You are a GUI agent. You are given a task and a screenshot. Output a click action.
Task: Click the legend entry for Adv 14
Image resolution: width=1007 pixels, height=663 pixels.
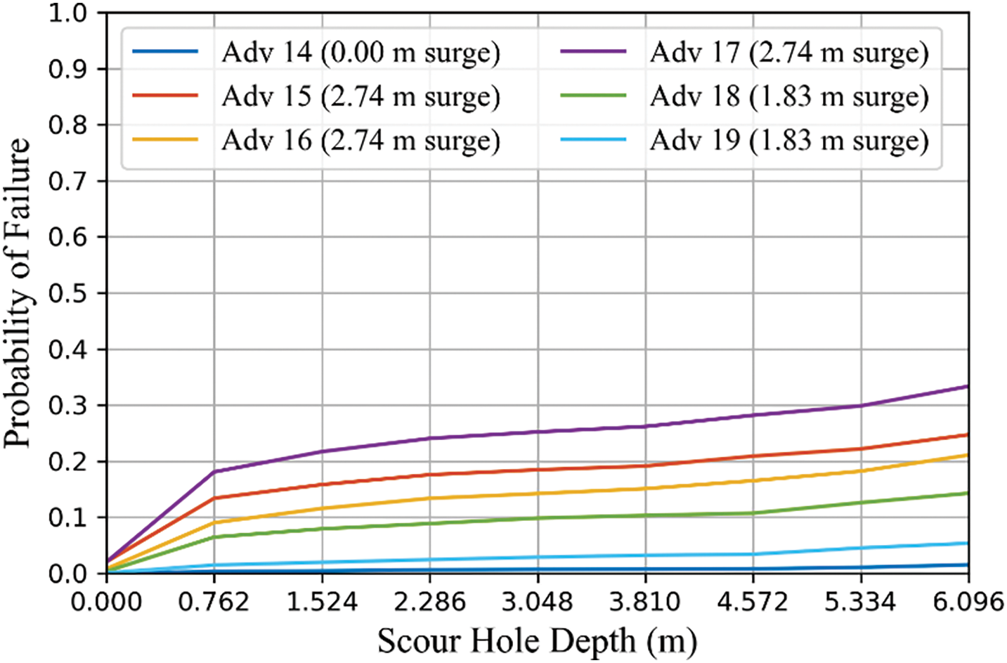pyautogui.click(x=360, y=53)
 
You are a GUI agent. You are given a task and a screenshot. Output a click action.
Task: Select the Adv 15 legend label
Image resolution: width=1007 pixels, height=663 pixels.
pyautogui.click(x=360, y=96)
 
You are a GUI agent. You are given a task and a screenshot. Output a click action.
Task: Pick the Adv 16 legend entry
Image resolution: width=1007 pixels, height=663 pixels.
pyautogui.click(x=360, y=141)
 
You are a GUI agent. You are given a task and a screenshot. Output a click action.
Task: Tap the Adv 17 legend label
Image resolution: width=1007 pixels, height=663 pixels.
pyautogui.click(x=789, y=53)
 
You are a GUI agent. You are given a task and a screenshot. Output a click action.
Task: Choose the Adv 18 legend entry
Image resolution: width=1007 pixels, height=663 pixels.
pyautogui.click(x=789, y=96)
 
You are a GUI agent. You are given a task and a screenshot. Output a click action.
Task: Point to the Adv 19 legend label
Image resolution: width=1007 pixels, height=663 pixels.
pyautogui.click(x=789, y=141)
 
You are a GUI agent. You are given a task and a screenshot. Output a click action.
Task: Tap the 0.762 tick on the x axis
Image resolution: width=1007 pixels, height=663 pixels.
pyautogui.click(x=214, y=603)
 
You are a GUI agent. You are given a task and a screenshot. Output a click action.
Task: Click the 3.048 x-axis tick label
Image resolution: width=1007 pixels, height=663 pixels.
pyautogui.click(x=538, y=603)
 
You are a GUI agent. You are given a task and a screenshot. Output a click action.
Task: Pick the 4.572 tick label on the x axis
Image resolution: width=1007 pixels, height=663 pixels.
pyautogui.click(x=753, y=603)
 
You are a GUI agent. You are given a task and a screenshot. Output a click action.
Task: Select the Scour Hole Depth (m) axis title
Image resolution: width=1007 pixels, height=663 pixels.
pyautogui.click(x=538, y=641)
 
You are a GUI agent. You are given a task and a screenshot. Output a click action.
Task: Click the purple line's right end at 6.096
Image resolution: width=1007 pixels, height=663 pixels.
pyautogui.click(x=968, y=386)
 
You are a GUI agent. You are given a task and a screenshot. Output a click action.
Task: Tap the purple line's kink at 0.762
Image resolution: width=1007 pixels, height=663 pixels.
pyautogui.click(x=214, y=472)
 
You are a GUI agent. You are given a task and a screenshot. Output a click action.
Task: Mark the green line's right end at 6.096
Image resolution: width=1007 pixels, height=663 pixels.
pyautogui.click(x=968, y=493)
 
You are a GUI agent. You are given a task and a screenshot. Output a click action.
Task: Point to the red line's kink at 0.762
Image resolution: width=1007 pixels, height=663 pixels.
pyautogui.click(x=214, y=498)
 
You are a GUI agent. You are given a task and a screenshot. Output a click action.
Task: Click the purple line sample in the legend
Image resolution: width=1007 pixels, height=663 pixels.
pyautogui.click(x=593, y=53)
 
